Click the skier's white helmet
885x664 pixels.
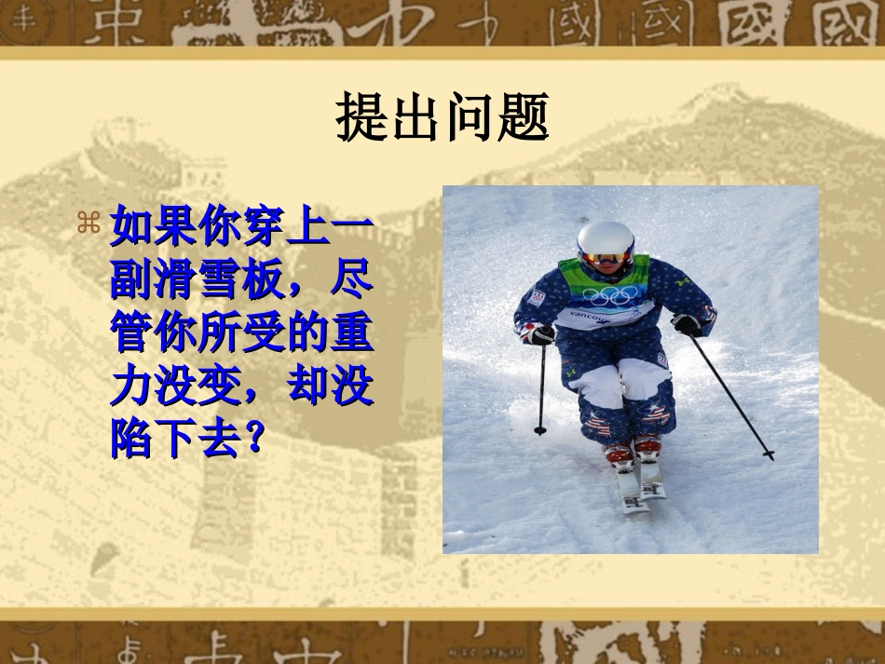(x=606, y=237)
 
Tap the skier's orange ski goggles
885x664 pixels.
(x=606, y=257)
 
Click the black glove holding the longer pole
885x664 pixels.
(x=687, y=324)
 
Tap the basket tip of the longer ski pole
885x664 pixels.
(x=768, y=454)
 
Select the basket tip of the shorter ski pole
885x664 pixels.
(x=540, y=429)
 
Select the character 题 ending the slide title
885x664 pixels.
(x=522, y=116)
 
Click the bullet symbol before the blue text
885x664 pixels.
(x=88, y=223)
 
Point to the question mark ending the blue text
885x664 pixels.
(x=248, y=440)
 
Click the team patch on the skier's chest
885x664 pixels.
(x=537, y=299)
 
